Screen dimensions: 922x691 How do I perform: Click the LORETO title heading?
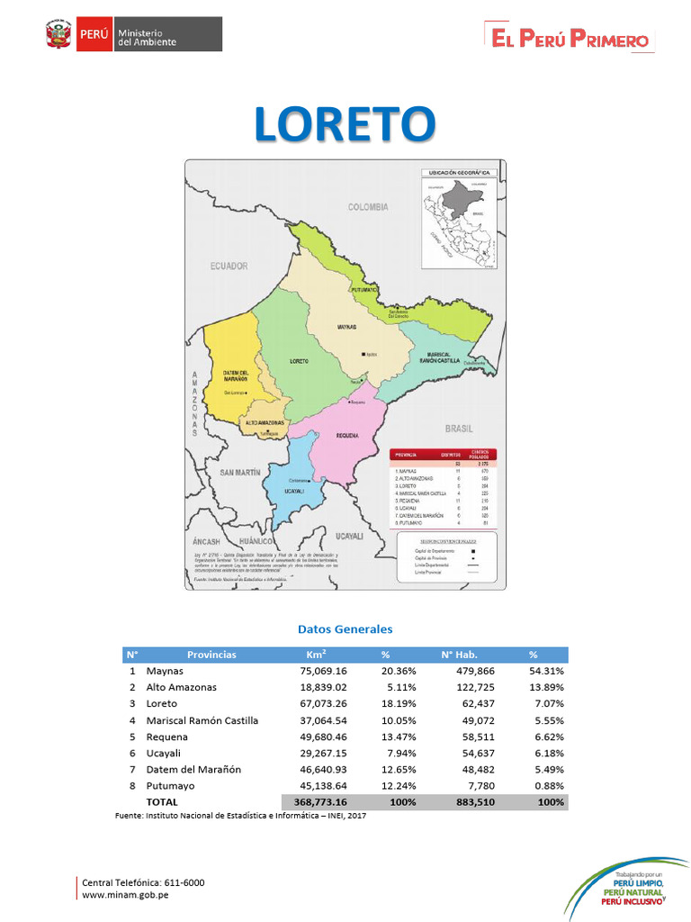point(345,123)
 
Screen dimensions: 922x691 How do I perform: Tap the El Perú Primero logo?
point(570,39)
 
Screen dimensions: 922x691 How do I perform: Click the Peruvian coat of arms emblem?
point(58,37)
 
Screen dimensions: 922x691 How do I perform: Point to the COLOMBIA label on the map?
point(368,207)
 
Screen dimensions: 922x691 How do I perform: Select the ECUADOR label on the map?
point(229,267)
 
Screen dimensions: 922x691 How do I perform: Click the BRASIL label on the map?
point(459,429)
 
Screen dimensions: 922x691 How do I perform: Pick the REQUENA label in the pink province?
point(347,435)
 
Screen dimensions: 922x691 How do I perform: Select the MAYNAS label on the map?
point(346,326)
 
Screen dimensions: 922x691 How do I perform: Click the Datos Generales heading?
point(345,629)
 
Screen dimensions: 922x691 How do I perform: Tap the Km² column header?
point(316,655)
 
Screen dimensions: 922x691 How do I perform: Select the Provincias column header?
point(211,655)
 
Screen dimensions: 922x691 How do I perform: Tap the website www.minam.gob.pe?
point(125,895)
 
